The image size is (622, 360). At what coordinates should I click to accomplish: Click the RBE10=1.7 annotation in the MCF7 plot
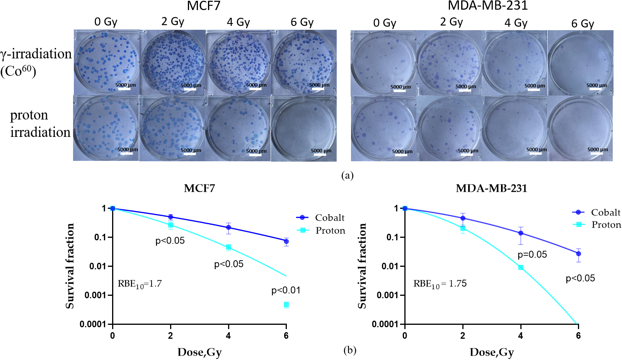[x=140, y=284]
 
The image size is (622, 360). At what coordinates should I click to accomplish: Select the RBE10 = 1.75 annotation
[x=440, y=284]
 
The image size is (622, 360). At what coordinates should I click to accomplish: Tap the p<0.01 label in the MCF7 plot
[x=286, y=290]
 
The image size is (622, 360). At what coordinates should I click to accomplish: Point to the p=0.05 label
[x=532, y=255]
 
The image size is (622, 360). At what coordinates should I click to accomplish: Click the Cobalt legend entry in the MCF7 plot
[x=321, y=218]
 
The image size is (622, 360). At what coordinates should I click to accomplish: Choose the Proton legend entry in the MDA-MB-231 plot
[x=597, y=225]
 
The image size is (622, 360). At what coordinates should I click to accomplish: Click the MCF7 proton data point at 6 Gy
[x=286, y=305]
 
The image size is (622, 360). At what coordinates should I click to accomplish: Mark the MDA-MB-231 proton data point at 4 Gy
[x=521, y=268]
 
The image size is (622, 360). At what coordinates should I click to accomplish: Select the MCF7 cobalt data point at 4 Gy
[x=228, y=227]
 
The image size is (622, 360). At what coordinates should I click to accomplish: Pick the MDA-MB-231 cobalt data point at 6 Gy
[x=578, y=254]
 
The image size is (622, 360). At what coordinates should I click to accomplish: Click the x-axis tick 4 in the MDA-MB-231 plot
[x=520, y=336]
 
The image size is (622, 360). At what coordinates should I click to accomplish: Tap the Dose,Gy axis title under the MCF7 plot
[x=199, y=352]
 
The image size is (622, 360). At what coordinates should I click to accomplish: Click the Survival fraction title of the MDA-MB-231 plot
[x=362, y=266]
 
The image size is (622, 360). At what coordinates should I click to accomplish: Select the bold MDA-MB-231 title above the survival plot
[x=491, y=189]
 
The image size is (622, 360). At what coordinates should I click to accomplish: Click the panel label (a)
[x=347, y=176]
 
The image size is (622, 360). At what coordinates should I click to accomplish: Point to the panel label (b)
[x=350, y=350]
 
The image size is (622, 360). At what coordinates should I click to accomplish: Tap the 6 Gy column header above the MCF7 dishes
[x=302, y=22]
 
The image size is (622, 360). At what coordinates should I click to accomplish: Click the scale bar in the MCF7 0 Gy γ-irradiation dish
[x=124, y=89]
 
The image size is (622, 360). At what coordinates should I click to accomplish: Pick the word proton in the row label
[x=29, y=115]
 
